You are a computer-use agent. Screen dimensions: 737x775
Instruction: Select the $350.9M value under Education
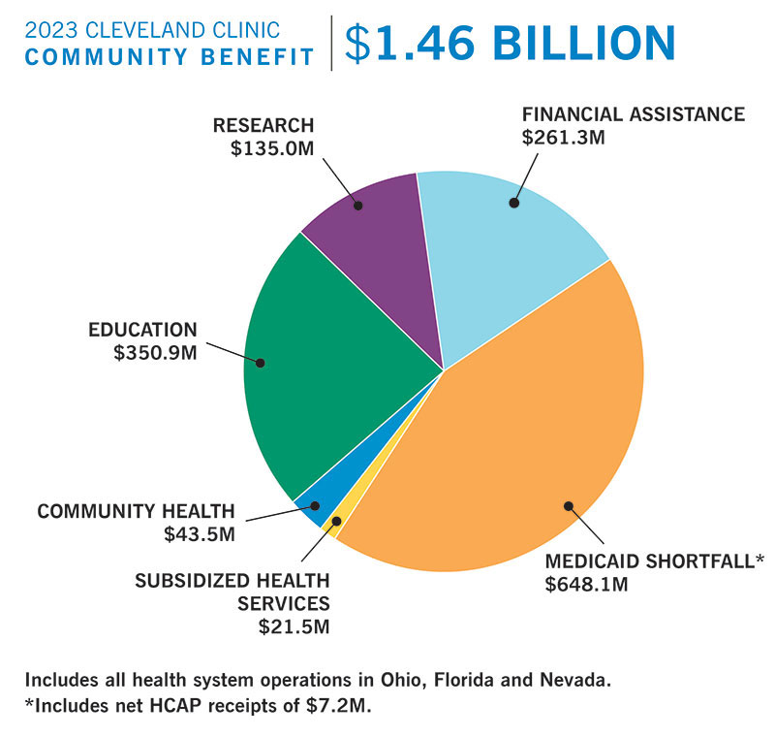pos(155,351)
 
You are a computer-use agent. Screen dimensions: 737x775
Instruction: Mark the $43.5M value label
pos(201,532)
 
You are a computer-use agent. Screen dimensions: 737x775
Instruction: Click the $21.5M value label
pos(294,625)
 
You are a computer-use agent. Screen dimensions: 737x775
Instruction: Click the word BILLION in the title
pos(581,43)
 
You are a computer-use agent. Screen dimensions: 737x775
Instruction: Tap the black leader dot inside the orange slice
pos(568,504)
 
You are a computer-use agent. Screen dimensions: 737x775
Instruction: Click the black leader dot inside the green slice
pos(260,364)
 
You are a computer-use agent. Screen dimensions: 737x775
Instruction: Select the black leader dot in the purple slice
pos(358,205)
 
